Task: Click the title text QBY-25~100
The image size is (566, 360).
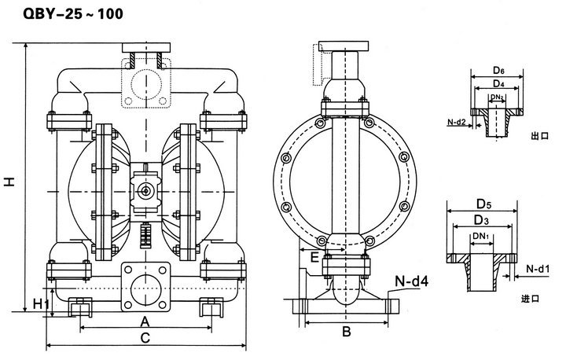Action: click(x=73, y=13)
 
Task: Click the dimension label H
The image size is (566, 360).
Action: click(x=10, y=182)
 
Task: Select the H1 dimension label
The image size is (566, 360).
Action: click(x=41, y=304)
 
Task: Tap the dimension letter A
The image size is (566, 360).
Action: click(x=145, y=321)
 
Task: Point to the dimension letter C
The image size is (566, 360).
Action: click(x=145, y=338)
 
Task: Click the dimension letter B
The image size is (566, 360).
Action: click(x=346, y=332)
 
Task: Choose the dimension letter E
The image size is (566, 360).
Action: click(x=314, y=257)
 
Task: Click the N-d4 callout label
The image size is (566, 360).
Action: click(x=411, y=281)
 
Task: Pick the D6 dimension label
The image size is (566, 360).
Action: click(x=498, y=71)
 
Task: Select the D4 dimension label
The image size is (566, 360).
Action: click(x=498, y=84)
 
